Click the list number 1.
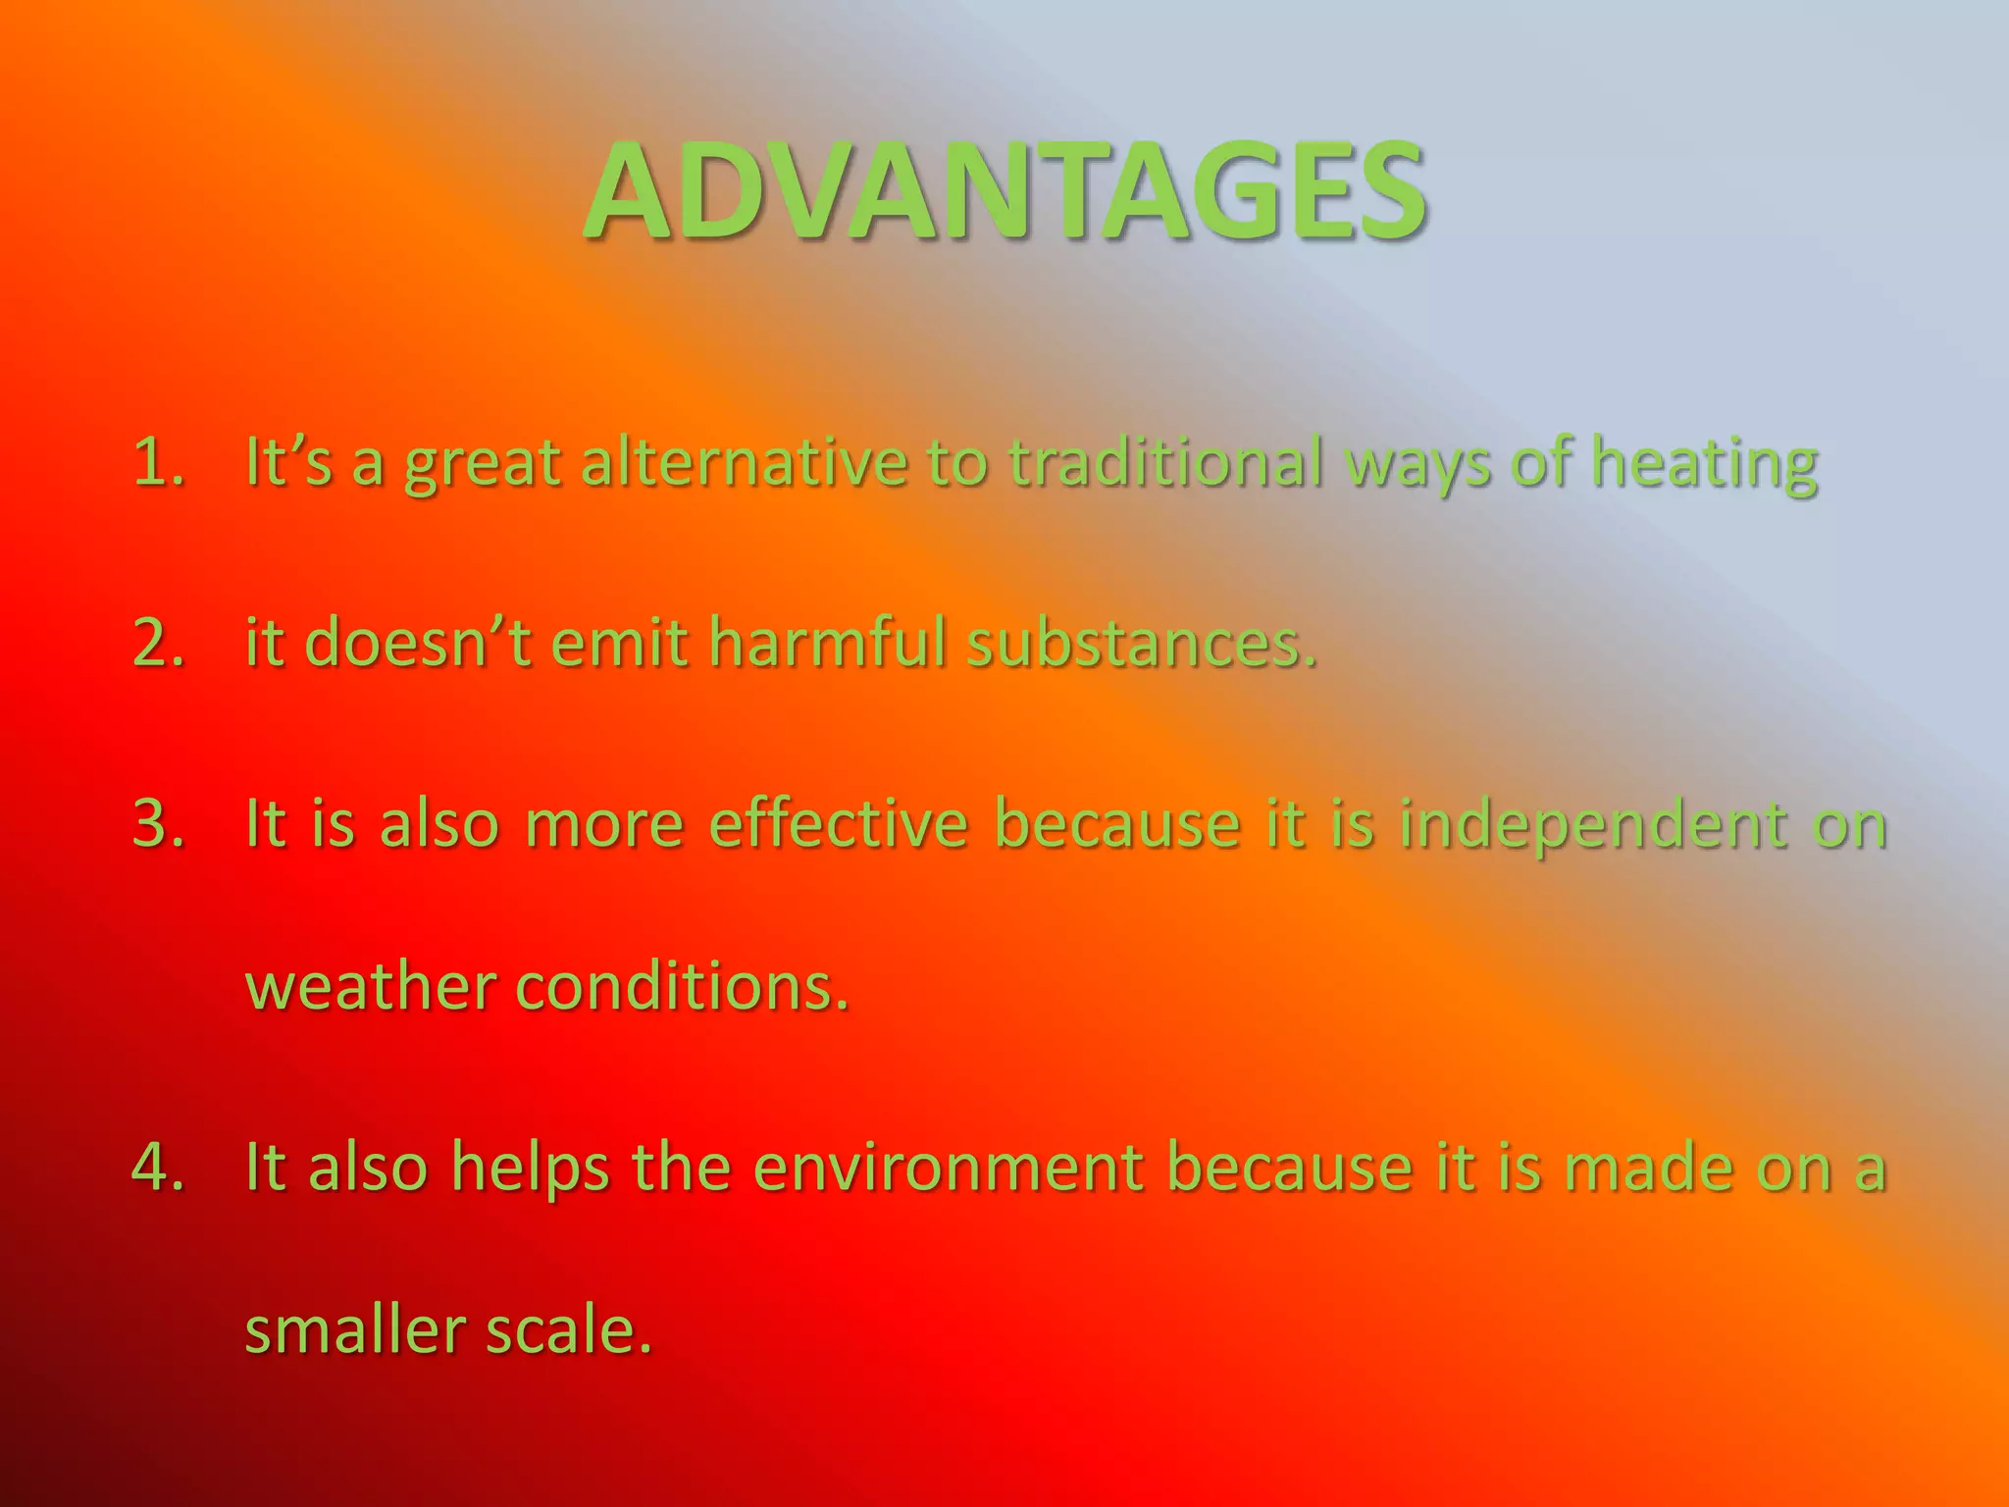158,461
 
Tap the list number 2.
158,643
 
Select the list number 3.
158,823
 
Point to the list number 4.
158,1167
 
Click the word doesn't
418,643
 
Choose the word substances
1141,643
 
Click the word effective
838,823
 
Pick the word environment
948,1167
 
